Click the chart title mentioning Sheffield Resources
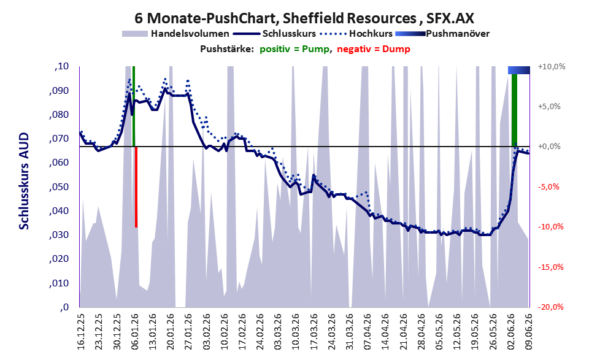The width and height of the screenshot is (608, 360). (304, 18)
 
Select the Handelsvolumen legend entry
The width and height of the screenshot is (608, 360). (175, 34)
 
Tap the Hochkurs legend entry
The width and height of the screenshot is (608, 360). (356, 34)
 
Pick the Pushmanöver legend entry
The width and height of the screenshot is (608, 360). (442, 34)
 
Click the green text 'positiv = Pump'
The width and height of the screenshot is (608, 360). (295, 49)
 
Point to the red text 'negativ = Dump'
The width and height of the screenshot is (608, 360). (374, 49)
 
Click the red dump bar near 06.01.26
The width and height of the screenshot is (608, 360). (136, 187)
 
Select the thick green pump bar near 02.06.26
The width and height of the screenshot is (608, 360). (514, 110)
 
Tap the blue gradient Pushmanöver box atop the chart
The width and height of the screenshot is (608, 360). (519, 70)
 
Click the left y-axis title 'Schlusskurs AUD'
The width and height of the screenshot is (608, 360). (24, 181)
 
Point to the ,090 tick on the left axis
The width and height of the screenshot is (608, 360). (59, 91)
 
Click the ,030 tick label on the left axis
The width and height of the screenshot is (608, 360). (59, 235)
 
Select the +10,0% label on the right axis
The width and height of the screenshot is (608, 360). (552, 67)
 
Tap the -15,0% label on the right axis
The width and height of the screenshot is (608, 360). (550, 267)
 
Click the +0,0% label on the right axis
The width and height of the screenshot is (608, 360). (550, 147)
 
